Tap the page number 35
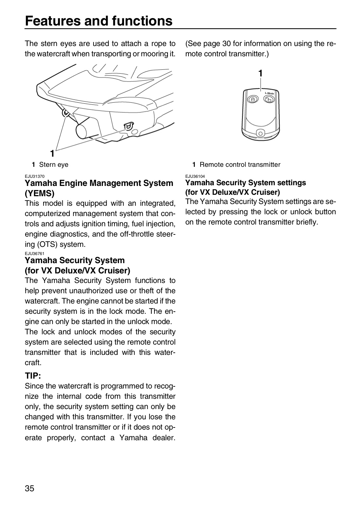pos(29,488)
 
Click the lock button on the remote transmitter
pos(253,99)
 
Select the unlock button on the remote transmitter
pos(269,99)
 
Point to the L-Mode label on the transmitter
pos(269,93)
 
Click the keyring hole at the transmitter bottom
pos(260,134)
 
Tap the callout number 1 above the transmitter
pos(260,73)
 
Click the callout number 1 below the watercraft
pos(52,153)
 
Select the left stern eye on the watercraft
pos(66,112)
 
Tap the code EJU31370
pos(35,176)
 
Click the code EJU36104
pos(195,176)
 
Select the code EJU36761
pos(35,254)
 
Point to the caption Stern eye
pos(54,164)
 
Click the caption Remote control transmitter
pos(240,164)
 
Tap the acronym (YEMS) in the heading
pos(40,193)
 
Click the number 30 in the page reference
pos(227,44)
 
